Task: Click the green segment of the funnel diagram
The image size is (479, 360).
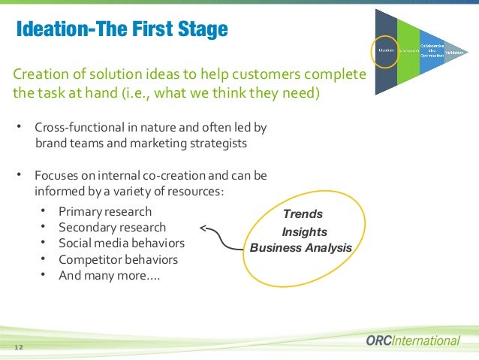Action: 408,50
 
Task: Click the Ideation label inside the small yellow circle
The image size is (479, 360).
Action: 386,51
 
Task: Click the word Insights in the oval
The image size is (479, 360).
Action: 304,232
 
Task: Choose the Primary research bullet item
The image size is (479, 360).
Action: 104,211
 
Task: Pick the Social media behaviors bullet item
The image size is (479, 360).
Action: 121,243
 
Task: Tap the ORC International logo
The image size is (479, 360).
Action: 412,340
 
